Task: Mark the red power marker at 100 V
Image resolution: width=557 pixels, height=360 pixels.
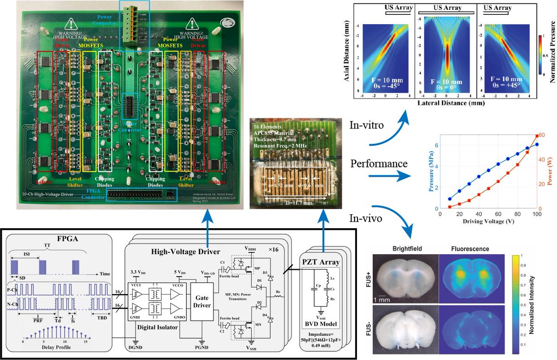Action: (537, 136)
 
